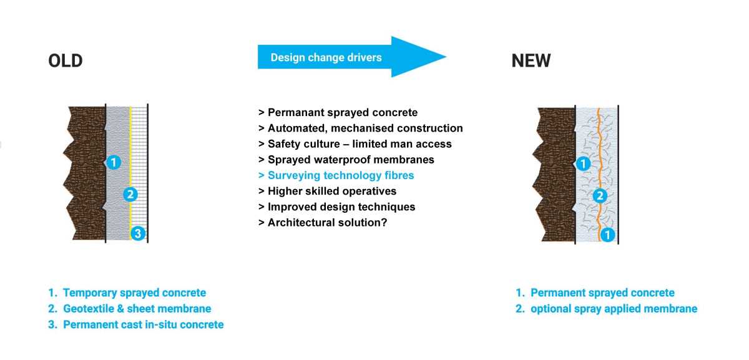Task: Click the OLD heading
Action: pos(66,61)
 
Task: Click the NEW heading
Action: pos(531,61)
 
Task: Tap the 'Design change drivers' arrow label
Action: pos(326,57)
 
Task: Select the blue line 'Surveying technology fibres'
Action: pos(336,175)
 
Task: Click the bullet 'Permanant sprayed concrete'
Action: pos(338,112)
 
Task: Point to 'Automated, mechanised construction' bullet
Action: pos(361,128)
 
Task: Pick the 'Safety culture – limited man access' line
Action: pos(355,144)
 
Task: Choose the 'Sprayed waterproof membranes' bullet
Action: pos(346,160)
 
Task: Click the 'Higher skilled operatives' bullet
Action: pos(327,191)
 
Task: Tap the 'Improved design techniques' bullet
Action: pos(336,207)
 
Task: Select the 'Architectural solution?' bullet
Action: pos(323,222)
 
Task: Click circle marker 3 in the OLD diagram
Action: pos(138,233)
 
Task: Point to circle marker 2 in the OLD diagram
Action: pos(130,194)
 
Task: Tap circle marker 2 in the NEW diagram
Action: pos(600,196)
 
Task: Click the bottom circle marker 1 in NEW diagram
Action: pos(607,235)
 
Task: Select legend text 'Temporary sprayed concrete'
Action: pos(134,293)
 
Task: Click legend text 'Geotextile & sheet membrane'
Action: pos(137,308)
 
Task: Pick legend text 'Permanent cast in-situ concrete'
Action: pos(144,324)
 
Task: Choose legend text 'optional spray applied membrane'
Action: pos(614,308)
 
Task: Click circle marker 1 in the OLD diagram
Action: pos(114,162)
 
